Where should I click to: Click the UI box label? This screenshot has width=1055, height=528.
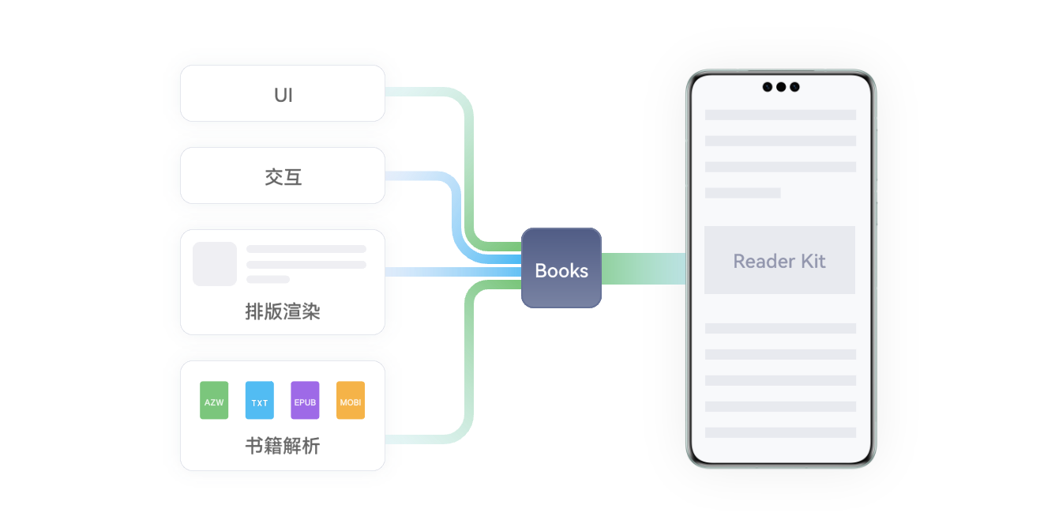(283, 96)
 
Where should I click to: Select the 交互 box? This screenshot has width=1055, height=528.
(283, 177)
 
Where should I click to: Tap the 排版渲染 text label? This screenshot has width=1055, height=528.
(283, 312)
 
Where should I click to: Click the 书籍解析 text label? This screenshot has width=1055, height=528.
(283, 447)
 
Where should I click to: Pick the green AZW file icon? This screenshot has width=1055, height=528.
(214, 401)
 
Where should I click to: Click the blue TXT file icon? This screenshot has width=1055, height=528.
(259, 401)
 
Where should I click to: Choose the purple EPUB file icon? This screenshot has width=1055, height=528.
(305, 401)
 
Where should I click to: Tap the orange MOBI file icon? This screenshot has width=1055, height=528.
(351, 401)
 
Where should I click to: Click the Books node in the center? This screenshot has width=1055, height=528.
(561, 269)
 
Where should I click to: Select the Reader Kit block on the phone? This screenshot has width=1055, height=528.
(779, 260)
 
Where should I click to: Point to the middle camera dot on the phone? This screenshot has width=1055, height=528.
(781, 87)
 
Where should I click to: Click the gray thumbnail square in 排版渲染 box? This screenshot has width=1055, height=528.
(215, 263)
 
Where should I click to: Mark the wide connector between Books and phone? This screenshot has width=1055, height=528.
(644, 268)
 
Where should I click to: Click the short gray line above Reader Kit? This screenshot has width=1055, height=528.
(742, 193)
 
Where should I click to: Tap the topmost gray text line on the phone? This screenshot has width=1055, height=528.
(780, 115)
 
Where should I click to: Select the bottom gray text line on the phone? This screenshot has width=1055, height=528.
(780, 432)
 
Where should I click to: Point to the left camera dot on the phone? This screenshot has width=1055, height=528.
(768, 87)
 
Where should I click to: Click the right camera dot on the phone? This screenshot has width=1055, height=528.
(794, 87)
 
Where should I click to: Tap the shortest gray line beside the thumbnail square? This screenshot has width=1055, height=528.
(268, 279)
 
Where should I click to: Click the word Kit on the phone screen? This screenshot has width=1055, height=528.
(813, 261)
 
